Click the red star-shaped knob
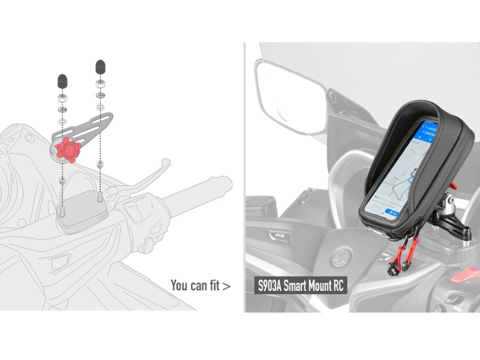(68, 149)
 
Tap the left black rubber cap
(62, 81)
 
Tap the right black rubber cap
(100, 67)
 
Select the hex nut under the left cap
(62, 98)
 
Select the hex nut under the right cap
(100, 84)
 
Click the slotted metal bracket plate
(82, 128)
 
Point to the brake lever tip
(166, 162)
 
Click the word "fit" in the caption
(214, 286)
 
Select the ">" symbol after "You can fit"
(226, 287)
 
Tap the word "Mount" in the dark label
(318, 286)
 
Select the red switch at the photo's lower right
(465, 274)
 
